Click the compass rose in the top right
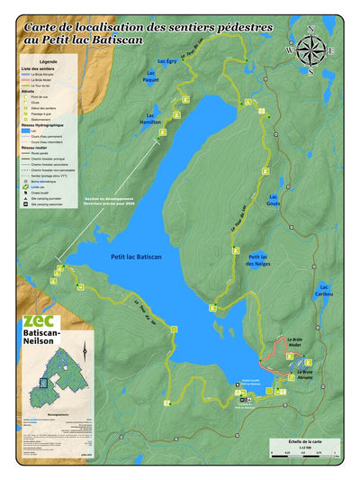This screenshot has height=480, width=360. click(312, 49)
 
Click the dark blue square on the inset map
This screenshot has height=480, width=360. click(41, 381)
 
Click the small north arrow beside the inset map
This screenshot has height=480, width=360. click(83, 348)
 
